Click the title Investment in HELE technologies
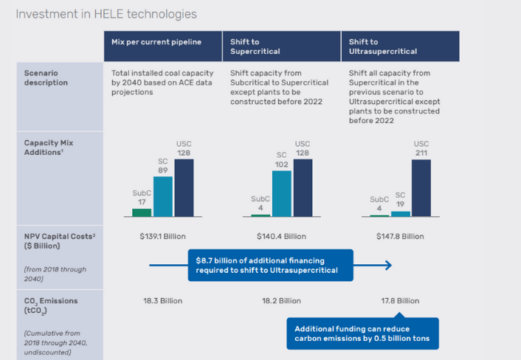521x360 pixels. pyautogui.click(x=106, y=14)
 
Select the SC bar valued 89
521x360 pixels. pyautogui.click(x=163, y=197)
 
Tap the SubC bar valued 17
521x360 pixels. pyautogui.click(x=142, y=212)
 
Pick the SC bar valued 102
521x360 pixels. pyautogui.click(x=281, y=194)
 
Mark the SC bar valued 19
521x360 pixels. pyautogui.click(x=400, y=213)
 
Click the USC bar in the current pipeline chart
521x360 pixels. pyautogui.click(x=184, y=188)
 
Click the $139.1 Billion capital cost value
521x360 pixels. pyautogui.click(x=162, y=237)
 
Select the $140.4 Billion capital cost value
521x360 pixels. pyautogui.click(x=281, y=237)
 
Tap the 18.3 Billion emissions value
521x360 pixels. pyautogui.click(x=162, y=301)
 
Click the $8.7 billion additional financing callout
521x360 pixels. pyautogui.click(x=270, y=266)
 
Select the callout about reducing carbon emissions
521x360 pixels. pyautogui.click(x=362, y=333)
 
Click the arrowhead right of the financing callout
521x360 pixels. pyautogui.click(x=388, y=266)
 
